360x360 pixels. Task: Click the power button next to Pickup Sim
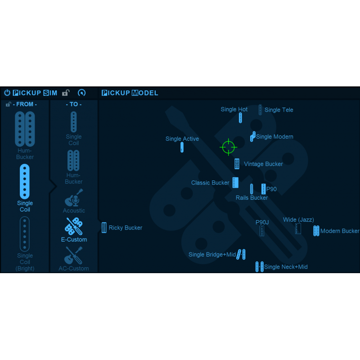pyautogui.click(x=7, y=93)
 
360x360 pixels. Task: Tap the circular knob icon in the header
pyautogui.click(x=81, y=93)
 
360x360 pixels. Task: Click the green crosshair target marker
pyautogui.click(x=228, y=147)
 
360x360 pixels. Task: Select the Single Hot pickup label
pyautogui.click(x=234, y=109)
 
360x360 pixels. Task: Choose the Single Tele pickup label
pyautogui.click(x=279, y=110)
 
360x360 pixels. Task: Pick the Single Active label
pyautogui.click(x=182, y=139)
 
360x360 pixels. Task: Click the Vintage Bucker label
pyautogui.click(x=263, y=164)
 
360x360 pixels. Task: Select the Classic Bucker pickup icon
pyautogui.click(x=235, y=182)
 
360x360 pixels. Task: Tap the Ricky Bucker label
pyautogui.click(x=125, y=228)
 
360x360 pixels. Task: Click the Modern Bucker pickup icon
pyautogui.click(x=316, y=231)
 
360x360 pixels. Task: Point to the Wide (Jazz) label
pyautogui.click(x=298, y=220)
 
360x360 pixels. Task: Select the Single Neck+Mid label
pyautogui.click(x=286, y=267)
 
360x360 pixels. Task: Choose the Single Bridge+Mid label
pyautogui.click(x=212, y=255)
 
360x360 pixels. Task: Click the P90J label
pyautogui.click(x=262, y=222)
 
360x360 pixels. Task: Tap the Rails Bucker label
pyautogui.click(x=252, y=198)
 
